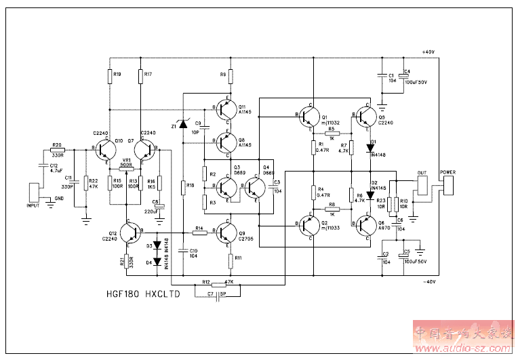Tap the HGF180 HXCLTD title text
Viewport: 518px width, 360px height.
coord(142,296)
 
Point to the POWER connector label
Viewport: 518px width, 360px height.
coord(448,172)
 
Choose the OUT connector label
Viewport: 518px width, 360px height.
coord(422,172)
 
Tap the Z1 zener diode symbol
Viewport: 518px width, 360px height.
coord(183,124)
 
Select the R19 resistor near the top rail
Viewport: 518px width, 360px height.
coord(109,76)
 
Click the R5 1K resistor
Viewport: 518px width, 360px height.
coord(331,134)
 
